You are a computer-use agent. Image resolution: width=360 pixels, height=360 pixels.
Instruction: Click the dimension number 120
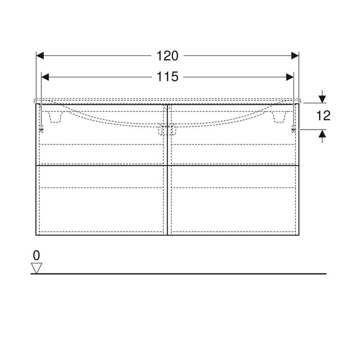point(167,56)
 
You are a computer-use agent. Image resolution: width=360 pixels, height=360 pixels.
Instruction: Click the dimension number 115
point(167,77)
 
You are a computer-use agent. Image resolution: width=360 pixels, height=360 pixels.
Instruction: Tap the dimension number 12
point(323,115)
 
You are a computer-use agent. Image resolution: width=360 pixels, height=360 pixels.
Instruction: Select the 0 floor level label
point(36,256)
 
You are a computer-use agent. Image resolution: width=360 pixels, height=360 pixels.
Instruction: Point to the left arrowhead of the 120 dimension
point(40,56)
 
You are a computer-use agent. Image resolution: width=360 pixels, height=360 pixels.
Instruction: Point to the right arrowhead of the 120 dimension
point(295,56)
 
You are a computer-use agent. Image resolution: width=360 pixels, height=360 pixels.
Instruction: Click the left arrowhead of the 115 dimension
point(45,77)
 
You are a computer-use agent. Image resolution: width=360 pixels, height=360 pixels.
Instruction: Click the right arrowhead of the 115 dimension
point(290,77)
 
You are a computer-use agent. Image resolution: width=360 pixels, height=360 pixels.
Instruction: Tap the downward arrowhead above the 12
point(323,99)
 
